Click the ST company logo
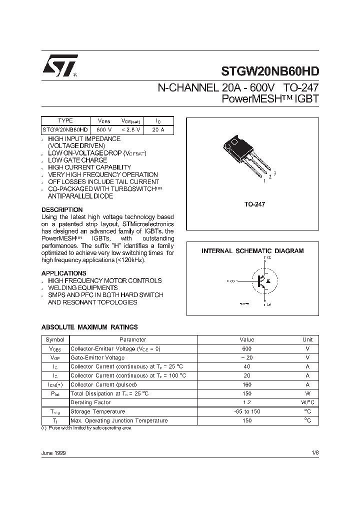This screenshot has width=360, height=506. pyautogui.click(x=59, y=65)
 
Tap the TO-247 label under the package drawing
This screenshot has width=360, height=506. pyautogui.click(x=254, y=204)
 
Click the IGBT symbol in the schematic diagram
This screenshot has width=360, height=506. pyautogui.click(x=262, y=281)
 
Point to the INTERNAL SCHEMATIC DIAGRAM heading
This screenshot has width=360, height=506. pyautogui.click(x=252, y=251)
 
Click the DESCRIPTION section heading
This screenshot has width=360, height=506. pyautogui.click(x=62, y=209)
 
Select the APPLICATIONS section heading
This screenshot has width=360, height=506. pyautogui.click(x=63, y=273)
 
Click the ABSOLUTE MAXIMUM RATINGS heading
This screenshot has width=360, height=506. pyautogui.click(x=89, y=327)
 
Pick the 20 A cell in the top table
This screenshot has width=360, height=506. pyautogui.click(x=158, y=129)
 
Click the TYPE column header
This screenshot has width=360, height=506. pyautogui.click(x=65, y=120)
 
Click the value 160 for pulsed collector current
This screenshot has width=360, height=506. pyautogui.click(x=246, y=384)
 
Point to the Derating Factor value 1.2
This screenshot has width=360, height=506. pyautogui.click(x=246, y=402)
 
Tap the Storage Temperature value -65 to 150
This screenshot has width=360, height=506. pyautogui.click(x=246, y=411)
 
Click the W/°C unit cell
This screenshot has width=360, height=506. pyautogui.click(x=308, y=402)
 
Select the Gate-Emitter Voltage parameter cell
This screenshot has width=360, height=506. pyautogui.click(x=97, y=357)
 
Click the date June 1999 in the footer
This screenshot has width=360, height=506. pyautogui.click(x=53, y=452)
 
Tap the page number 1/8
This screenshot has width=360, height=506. pyautogui.click(x=314, y=452)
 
